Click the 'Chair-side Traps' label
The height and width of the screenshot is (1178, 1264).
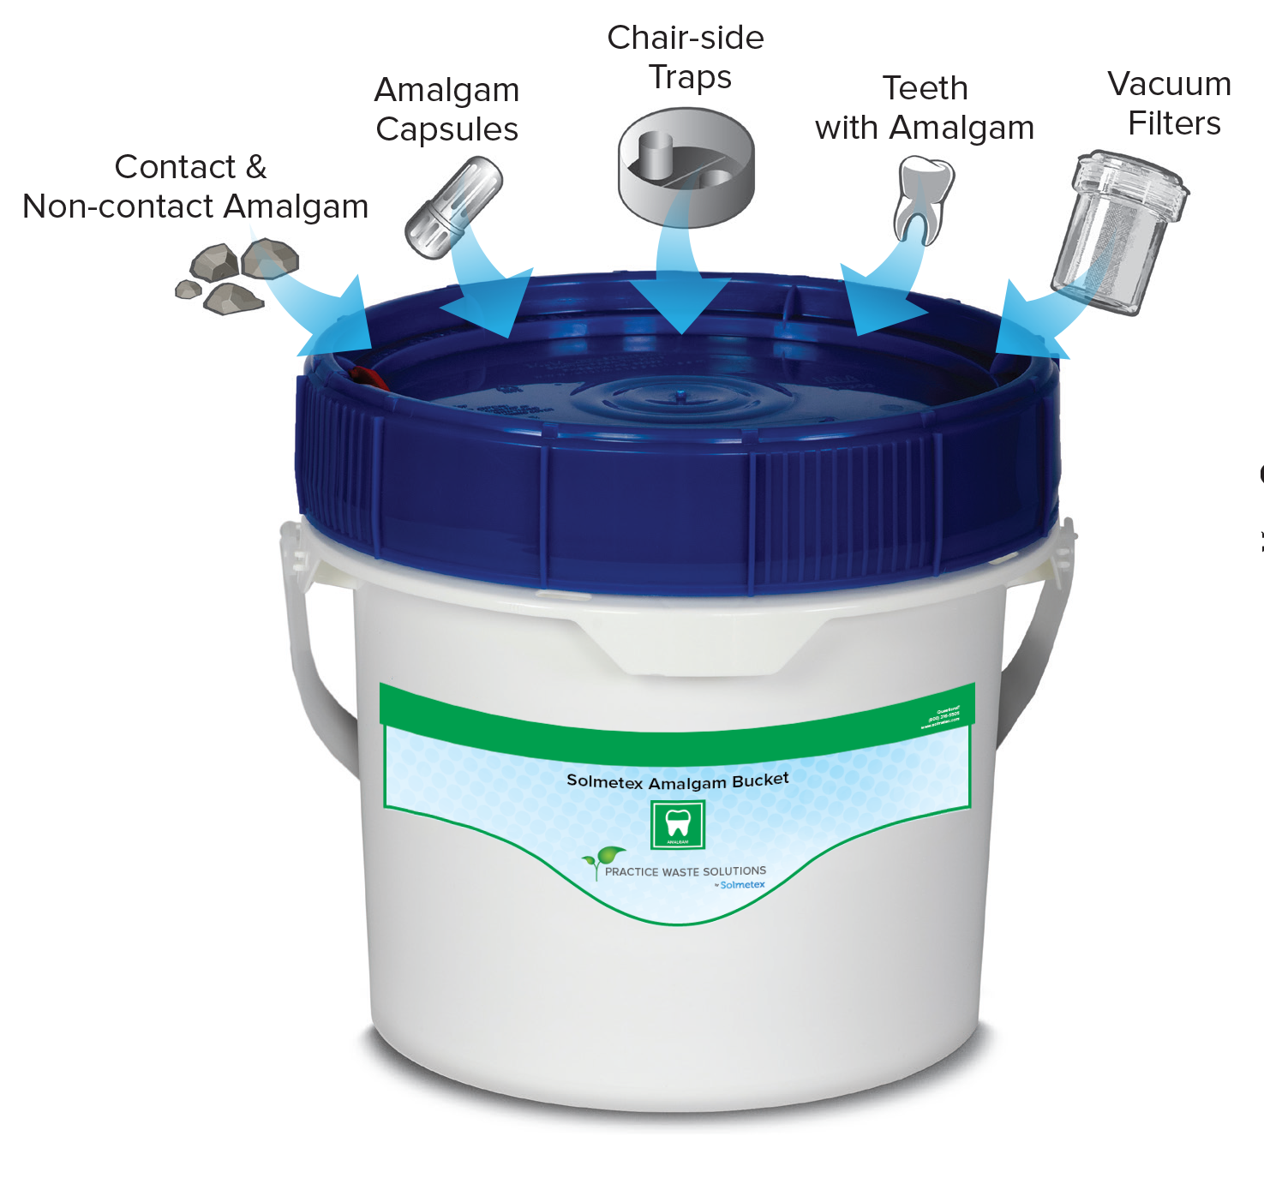pyautogui.click(x=686, y=57)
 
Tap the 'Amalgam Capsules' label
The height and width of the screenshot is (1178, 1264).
pyautogui.click(x=446, y=110)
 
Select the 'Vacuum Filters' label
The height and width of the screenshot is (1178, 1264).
pyautogui.click(x=1170, y=104)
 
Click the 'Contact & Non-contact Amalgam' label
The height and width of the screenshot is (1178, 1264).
pyautogui.click(x=195, y=187)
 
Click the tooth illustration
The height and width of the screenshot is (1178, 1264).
pyautogui.click(x=922, y=196)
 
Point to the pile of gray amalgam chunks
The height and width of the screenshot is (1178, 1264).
pyautogui.click(x=236, y=276)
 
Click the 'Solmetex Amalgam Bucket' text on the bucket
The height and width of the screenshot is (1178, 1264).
pyautogui.click(x=677, y=781)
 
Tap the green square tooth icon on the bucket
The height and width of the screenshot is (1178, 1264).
pyautogui.click(x=678, y=824)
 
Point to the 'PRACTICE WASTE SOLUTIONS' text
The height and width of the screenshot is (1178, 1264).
pyautogui.click(x=685, y=871)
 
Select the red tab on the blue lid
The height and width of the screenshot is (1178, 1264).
pyautogui.click(x=368, y=378)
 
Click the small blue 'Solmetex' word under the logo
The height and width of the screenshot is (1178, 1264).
pyautogui.click(x=742, y=885)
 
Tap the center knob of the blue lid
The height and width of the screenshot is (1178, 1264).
pyautogui.click(x=680, y=396)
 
